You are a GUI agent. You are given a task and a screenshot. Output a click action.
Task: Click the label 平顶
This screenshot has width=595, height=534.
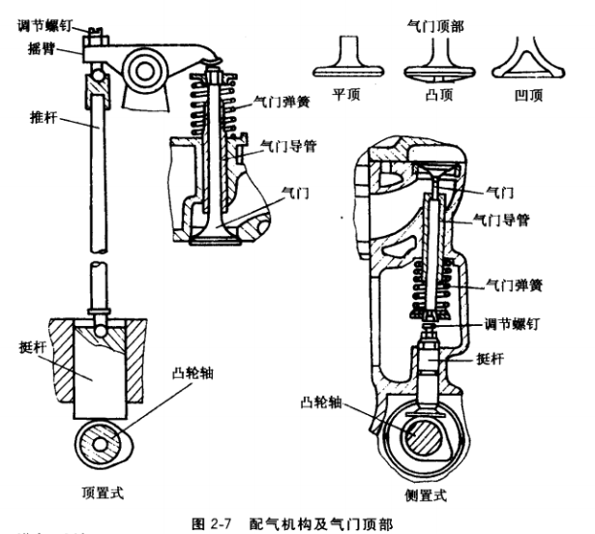pos(342,99)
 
